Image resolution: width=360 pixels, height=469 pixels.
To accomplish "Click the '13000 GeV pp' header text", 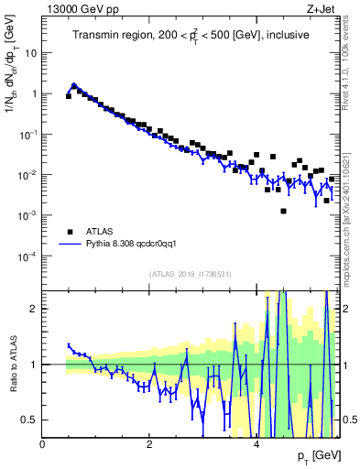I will (x=74, y=8).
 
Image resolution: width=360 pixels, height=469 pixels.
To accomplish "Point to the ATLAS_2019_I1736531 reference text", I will (x=191, y=273).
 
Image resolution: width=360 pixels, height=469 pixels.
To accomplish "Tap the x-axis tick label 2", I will (x=149, y=443).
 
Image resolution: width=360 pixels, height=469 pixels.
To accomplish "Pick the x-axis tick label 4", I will (x=256, y=443).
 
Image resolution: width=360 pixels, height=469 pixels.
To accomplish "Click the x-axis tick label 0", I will (x=42, y=443).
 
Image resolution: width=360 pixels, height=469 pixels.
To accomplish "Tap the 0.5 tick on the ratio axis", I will (x=29, y=420).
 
